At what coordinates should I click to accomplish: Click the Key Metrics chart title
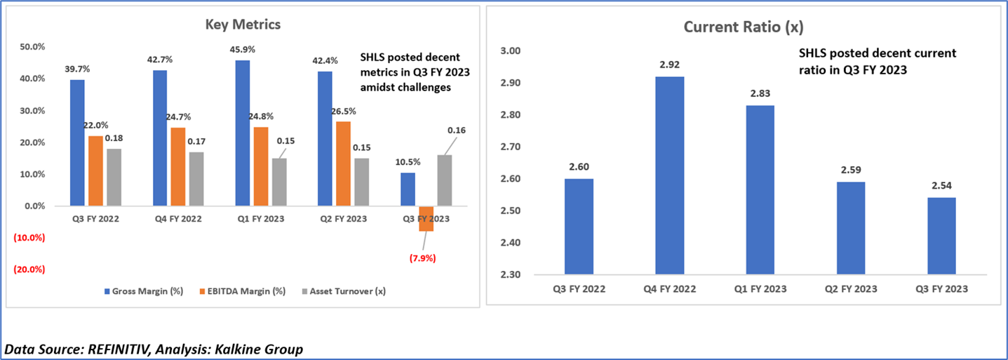click(243, 24)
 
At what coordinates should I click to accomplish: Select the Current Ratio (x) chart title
click(744, 27)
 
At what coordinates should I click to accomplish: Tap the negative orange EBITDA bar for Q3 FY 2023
click(425, 218)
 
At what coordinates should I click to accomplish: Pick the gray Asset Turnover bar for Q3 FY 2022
click(113, 178)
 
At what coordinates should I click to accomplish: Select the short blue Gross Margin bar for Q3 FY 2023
click(408, 189)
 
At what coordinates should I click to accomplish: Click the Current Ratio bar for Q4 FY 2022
click(669, 175)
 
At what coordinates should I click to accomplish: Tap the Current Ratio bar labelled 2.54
click(941, 236)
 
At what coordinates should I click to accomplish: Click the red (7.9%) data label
click(424, 258)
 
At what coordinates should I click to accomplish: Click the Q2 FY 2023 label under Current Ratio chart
click(850, 289)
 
